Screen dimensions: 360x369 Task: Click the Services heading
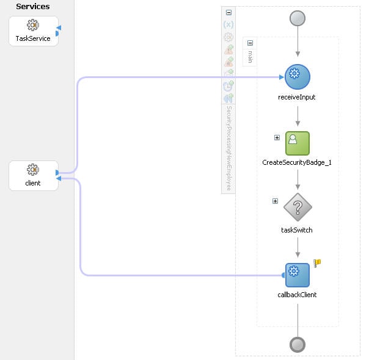(x=33, y=7)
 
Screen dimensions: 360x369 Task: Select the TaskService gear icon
(x=33, y=25)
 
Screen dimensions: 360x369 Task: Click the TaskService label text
(x=33, y=38)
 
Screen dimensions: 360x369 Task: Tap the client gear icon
(x=33, y=170)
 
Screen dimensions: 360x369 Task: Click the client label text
(x=33, y=183)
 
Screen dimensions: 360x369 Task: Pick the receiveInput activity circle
(x=298, y=76)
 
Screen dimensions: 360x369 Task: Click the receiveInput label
(x=297, y=97)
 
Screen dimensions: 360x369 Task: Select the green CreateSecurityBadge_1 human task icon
(x=298, y=143)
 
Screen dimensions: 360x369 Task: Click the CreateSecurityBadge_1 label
(x=297, y=162)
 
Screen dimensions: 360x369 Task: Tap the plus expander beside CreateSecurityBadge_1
(x=277, y=137)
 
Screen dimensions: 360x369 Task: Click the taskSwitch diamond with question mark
(x=298, y=207)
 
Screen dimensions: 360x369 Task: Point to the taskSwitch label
(x=297, y=230)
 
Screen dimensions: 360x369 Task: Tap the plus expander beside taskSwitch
(x=275, y=201)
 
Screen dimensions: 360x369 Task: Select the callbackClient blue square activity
(x=298, y=275)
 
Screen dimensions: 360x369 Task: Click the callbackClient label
(x=297, y=295)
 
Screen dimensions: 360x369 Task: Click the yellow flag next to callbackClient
(x=317, y=263)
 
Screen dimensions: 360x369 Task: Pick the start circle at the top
(x=298, y=18)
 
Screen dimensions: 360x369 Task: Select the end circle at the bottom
(x=298, y=345)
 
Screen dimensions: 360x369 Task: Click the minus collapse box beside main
(x=250, y=43)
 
